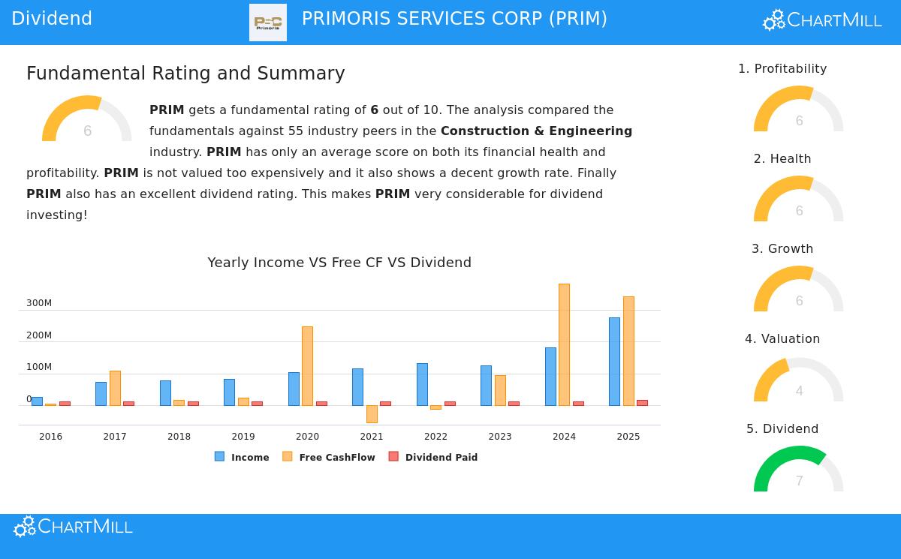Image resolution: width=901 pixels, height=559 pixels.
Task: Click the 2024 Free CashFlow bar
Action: pyautogui.click(x=564, y=344)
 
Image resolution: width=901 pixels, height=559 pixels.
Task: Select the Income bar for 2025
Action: pyautogui.click(x=614, y=361)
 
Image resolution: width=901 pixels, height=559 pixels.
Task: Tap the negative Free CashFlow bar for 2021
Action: pyautogui.click(x=372, y=414)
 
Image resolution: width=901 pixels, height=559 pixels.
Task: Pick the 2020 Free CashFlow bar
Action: pyautogui.click(x=307, y=366)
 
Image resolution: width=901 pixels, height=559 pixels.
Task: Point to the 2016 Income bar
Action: pyautogui.click(x=37, y=401)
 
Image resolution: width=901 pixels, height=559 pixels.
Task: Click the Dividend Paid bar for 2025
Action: pyautogui.click(x=642, y=403)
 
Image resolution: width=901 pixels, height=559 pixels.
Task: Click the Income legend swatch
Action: pyautogui.click(x=219, y=456)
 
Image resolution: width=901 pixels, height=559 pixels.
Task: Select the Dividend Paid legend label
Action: pyautogui.click(x=441, y=458)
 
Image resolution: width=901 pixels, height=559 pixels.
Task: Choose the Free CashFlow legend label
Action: pyautogui.click(x=336, y=458)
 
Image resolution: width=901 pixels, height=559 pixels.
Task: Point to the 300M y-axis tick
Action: pyautogui.click(x=39, y=303)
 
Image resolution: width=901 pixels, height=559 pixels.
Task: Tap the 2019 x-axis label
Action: pyautogui.click(x=243, y=437)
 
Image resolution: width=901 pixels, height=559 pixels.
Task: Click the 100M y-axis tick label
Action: pyautogui.click(x=39, y=367)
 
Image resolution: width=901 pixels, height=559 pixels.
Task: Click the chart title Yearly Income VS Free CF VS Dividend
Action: pyautogui.click(x=339, y=263)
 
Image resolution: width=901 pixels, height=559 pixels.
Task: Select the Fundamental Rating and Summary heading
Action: pyautogui.click(x=185, y=74)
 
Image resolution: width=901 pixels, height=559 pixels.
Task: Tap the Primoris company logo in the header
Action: pyautogui.click(x=268, y=23)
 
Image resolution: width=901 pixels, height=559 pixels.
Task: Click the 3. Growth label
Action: pyautogui.click(x=782, y=249)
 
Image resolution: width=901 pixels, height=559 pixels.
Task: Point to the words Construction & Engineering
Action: pyautogui.click(x=536, y=131)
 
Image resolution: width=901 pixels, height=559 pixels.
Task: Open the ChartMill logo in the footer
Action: pyautogui.click(x=73, y=527)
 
